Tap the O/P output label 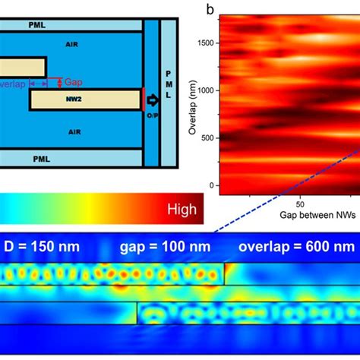pyautogui.click(x=148, y=117)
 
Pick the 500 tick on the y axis pyautogui.click(x=207, y=137)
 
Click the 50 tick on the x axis pyautogui.click(x=300, y=204)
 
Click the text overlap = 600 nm pyautogui.click(x=296, y=247)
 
